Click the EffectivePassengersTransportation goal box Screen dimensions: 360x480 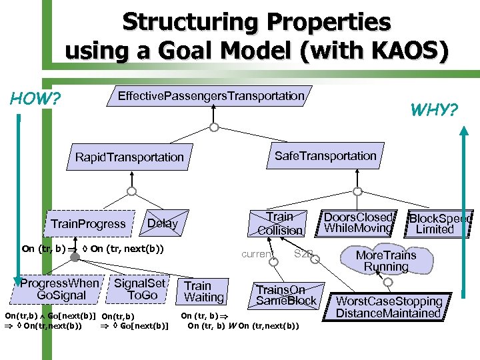coord(211,96)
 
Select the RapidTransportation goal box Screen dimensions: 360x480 coord(129,157)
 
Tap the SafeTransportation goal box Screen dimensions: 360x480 coord(325,156)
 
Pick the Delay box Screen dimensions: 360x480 coord(162,223)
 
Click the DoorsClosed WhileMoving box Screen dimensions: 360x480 coord(358,223)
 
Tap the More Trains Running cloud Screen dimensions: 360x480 coord(386,261)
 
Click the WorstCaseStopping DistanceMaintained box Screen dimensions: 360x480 coord(389,307)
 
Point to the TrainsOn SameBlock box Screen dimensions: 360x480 coord(286,295)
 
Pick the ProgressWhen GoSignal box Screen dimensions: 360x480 coord(61,289)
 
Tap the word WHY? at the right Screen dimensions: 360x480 coord(434,109)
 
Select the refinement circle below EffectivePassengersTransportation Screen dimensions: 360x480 coord(213,127)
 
